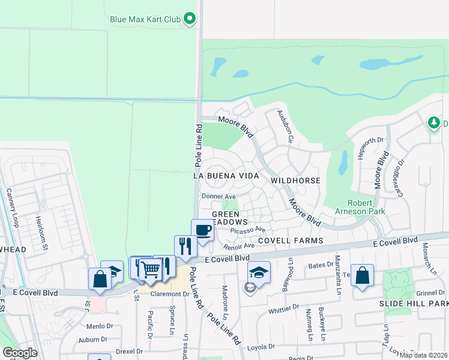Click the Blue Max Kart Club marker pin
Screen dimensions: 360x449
(x=190, y=19)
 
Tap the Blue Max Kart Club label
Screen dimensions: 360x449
(x=145, y=19)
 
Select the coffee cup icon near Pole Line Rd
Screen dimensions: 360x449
(x=202, y=230)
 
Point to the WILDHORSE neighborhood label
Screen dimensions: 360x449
(x=295, y=180)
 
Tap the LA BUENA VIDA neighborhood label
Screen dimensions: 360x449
(x=226, y=176)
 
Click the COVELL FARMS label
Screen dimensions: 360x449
(x=291, y=241)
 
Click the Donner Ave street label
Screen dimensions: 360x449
(x=219, y=196)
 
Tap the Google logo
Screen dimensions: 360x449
(x=20, y=353)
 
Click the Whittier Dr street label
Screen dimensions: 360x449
(x=284, y=308)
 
